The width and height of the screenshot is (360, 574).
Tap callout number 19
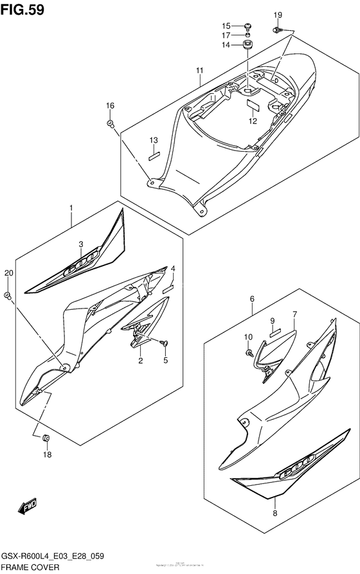click(278, 15)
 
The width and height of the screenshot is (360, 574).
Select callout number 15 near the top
click(227, 26)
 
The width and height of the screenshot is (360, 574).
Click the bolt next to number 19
click(278, 30)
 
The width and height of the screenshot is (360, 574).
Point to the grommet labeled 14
click(247, 45)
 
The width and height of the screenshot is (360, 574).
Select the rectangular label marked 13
click(154, 154)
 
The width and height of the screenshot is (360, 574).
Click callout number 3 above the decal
click(81, 244)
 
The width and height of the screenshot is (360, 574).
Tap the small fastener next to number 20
click(7, 295)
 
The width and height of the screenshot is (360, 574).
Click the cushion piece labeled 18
click(46, 438)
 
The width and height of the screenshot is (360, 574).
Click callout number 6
click(252, 298)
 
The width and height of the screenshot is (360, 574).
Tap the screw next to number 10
click(248, 352)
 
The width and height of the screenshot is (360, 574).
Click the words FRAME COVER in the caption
click(31, 568)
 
